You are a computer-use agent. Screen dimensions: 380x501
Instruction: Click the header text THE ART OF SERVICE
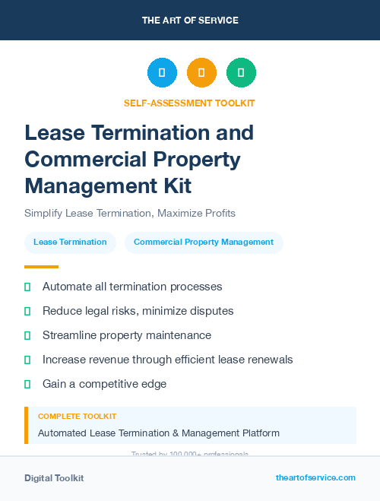coord(190,21)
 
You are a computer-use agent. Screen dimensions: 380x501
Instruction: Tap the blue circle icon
coord(162,73)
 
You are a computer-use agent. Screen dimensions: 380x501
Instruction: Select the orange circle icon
coord(201,73)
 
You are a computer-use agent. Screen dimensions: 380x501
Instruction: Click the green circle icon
coord(241,73)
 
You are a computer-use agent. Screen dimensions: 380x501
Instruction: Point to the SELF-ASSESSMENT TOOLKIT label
coord(189,103)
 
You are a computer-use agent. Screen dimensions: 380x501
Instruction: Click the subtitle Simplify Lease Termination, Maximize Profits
coord(130,213)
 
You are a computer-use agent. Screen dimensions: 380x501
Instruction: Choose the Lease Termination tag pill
coord(70,243)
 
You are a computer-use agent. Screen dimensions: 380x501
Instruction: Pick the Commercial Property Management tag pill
coord(204,243)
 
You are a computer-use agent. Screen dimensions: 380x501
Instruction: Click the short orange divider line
coord(41,267)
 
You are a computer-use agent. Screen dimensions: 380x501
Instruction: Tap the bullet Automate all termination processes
coord(132,287)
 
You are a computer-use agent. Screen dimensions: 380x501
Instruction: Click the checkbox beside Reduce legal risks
coord(27,312)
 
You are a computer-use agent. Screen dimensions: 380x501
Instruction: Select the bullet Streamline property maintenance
coord(127,335)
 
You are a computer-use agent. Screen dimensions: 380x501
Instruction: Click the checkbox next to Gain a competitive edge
coord(27,384)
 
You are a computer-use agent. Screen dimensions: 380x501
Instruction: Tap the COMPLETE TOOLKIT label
coord(77,417)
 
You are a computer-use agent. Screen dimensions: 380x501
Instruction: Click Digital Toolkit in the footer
coord(54,478)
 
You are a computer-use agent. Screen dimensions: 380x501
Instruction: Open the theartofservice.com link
coord(315,477)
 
